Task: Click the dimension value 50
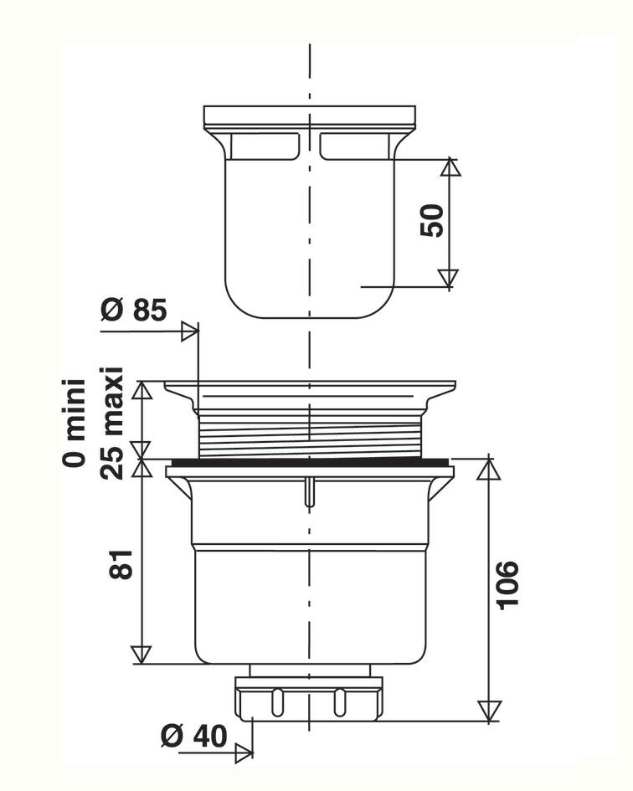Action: click(432, 220)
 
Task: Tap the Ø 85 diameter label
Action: click(134, 310)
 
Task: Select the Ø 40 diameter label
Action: click(194, 736)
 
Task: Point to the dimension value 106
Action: click(507, 585)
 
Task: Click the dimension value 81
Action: click(121, 564)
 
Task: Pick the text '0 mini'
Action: click(74, 423)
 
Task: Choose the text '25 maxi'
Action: click(111, 423)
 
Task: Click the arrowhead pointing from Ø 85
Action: click(190, 331)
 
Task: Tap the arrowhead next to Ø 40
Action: click(244, 753)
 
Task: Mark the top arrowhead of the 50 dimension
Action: click(450, 167)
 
